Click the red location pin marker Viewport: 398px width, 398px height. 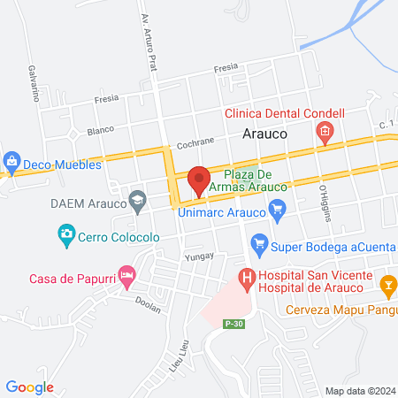click(x=199, y=180)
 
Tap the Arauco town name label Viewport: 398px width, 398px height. click(x=263, y=134)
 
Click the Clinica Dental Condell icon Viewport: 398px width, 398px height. click(x=324, y=133)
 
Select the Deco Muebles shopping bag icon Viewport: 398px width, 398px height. click(x=11, y=162)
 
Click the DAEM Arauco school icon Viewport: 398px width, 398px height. click(x=137, y=204)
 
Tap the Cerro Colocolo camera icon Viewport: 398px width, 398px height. click(x=65, y=235)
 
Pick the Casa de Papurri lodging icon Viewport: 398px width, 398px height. click(x=126, y=279)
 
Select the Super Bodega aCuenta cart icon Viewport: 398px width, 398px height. click(x=259, y=242)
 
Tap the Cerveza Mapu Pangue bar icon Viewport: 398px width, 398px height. click(x=387, y=286)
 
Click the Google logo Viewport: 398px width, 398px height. click(x=29, y=387)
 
